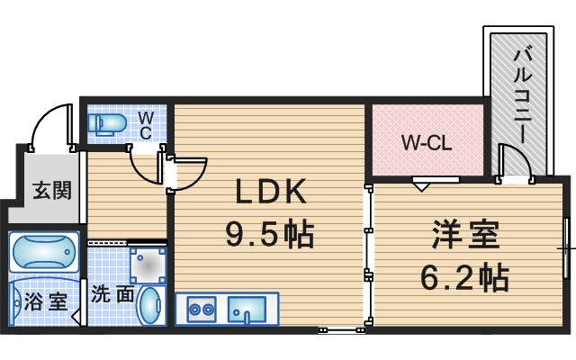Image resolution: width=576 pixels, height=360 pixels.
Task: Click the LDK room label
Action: coord(271,192)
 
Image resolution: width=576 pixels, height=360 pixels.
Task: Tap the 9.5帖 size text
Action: coord(269,236)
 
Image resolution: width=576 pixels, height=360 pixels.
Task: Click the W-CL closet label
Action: coord(427,142)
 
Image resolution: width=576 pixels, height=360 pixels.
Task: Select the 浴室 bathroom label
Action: coord(46,301)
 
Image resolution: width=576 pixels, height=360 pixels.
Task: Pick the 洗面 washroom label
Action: coord(112,268)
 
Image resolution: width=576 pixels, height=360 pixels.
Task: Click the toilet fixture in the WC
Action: coord(109,122)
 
